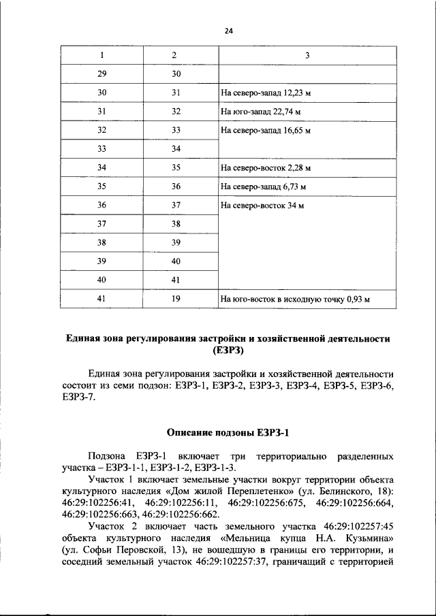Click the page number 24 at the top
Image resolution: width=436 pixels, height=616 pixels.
(x=229, y=30)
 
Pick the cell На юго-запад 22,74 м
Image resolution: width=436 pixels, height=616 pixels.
(x=261, y=111)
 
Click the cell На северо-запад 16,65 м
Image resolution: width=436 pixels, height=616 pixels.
(x=266, y=130)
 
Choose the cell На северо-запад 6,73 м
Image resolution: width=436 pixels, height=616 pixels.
(x=263, y=186)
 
